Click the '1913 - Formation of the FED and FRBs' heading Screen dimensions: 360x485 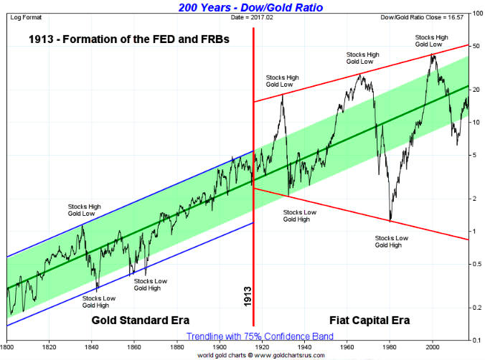point(130,40)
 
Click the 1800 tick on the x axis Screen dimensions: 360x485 point(7,345)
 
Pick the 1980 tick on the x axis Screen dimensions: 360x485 point(390,345)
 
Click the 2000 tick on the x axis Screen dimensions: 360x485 point(433,345)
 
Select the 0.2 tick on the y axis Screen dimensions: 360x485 point(476,308)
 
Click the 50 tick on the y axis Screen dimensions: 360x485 point(476,47)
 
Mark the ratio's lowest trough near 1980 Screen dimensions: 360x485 point(390,220)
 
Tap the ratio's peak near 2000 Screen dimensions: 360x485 point(432,55)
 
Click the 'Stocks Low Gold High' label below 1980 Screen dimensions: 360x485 point(391,241)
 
